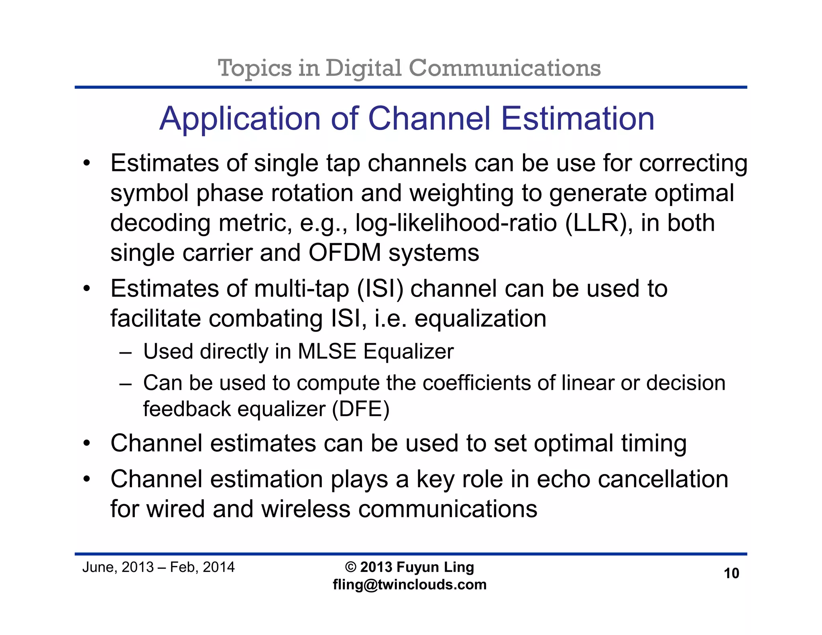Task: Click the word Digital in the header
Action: [x=363, y=68]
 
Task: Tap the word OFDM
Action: [x=344, y=253]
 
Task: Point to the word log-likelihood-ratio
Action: [x=456, y=223]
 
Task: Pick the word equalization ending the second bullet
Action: [x=480, y=319]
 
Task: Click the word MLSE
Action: [x=327, y=352]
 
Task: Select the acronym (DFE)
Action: [x=360, y=409]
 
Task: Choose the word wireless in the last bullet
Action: [x=306, y=509]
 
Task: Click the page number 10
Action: [x=731, y=573]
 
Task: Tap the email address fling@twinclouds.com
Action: [x=409, y=584]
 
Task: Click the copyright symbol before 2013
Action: [x=350, y=567]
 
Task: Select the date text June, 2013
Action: [x=118, y=567]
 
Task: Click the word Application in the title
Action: [x=240, y=119]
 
